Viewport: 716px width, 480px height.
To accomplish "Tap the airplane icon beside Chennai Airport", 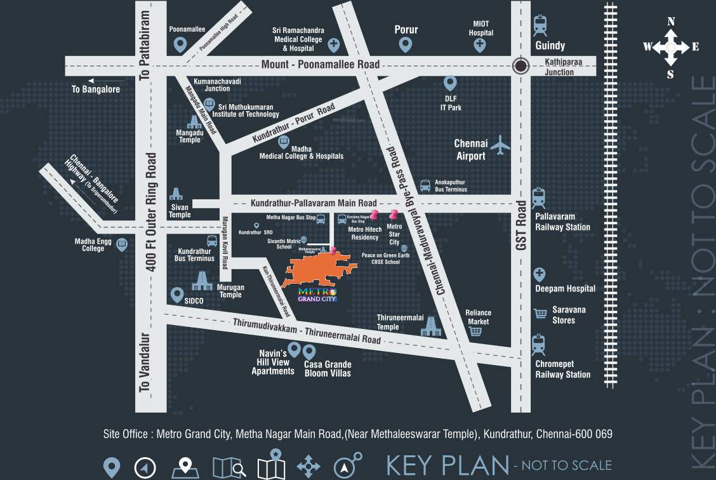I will point(500,145).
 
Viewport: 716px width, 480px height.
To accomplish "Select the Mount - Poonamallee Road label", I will point(321,64).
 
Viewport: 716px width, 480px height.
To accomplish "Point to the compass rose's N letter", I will point(671,22).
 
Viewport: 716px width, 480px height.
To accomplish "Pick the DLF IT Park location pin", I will point(450,84).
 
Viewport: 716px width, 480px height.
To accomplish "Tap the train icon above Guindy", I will point(540,25).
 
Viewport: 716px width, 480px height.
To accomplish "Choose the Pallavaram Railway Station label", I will point(562,222).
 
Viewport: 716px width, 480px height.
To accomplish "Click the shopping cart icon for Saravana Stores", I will point(540,313).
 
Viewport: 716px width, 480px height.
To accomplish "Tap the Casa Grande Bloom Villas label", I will point(328,368).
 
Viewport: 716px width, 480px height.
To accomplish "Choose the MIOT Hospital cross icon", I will point(481,45).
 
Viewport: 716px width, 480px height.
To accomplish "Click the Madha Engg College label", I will point(93,244).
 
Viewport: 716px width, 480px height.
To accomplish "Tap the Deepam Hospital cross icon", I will point(540,275).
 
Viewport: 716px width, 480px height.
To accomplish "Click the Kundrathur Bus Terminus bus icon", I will point(213,241).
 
